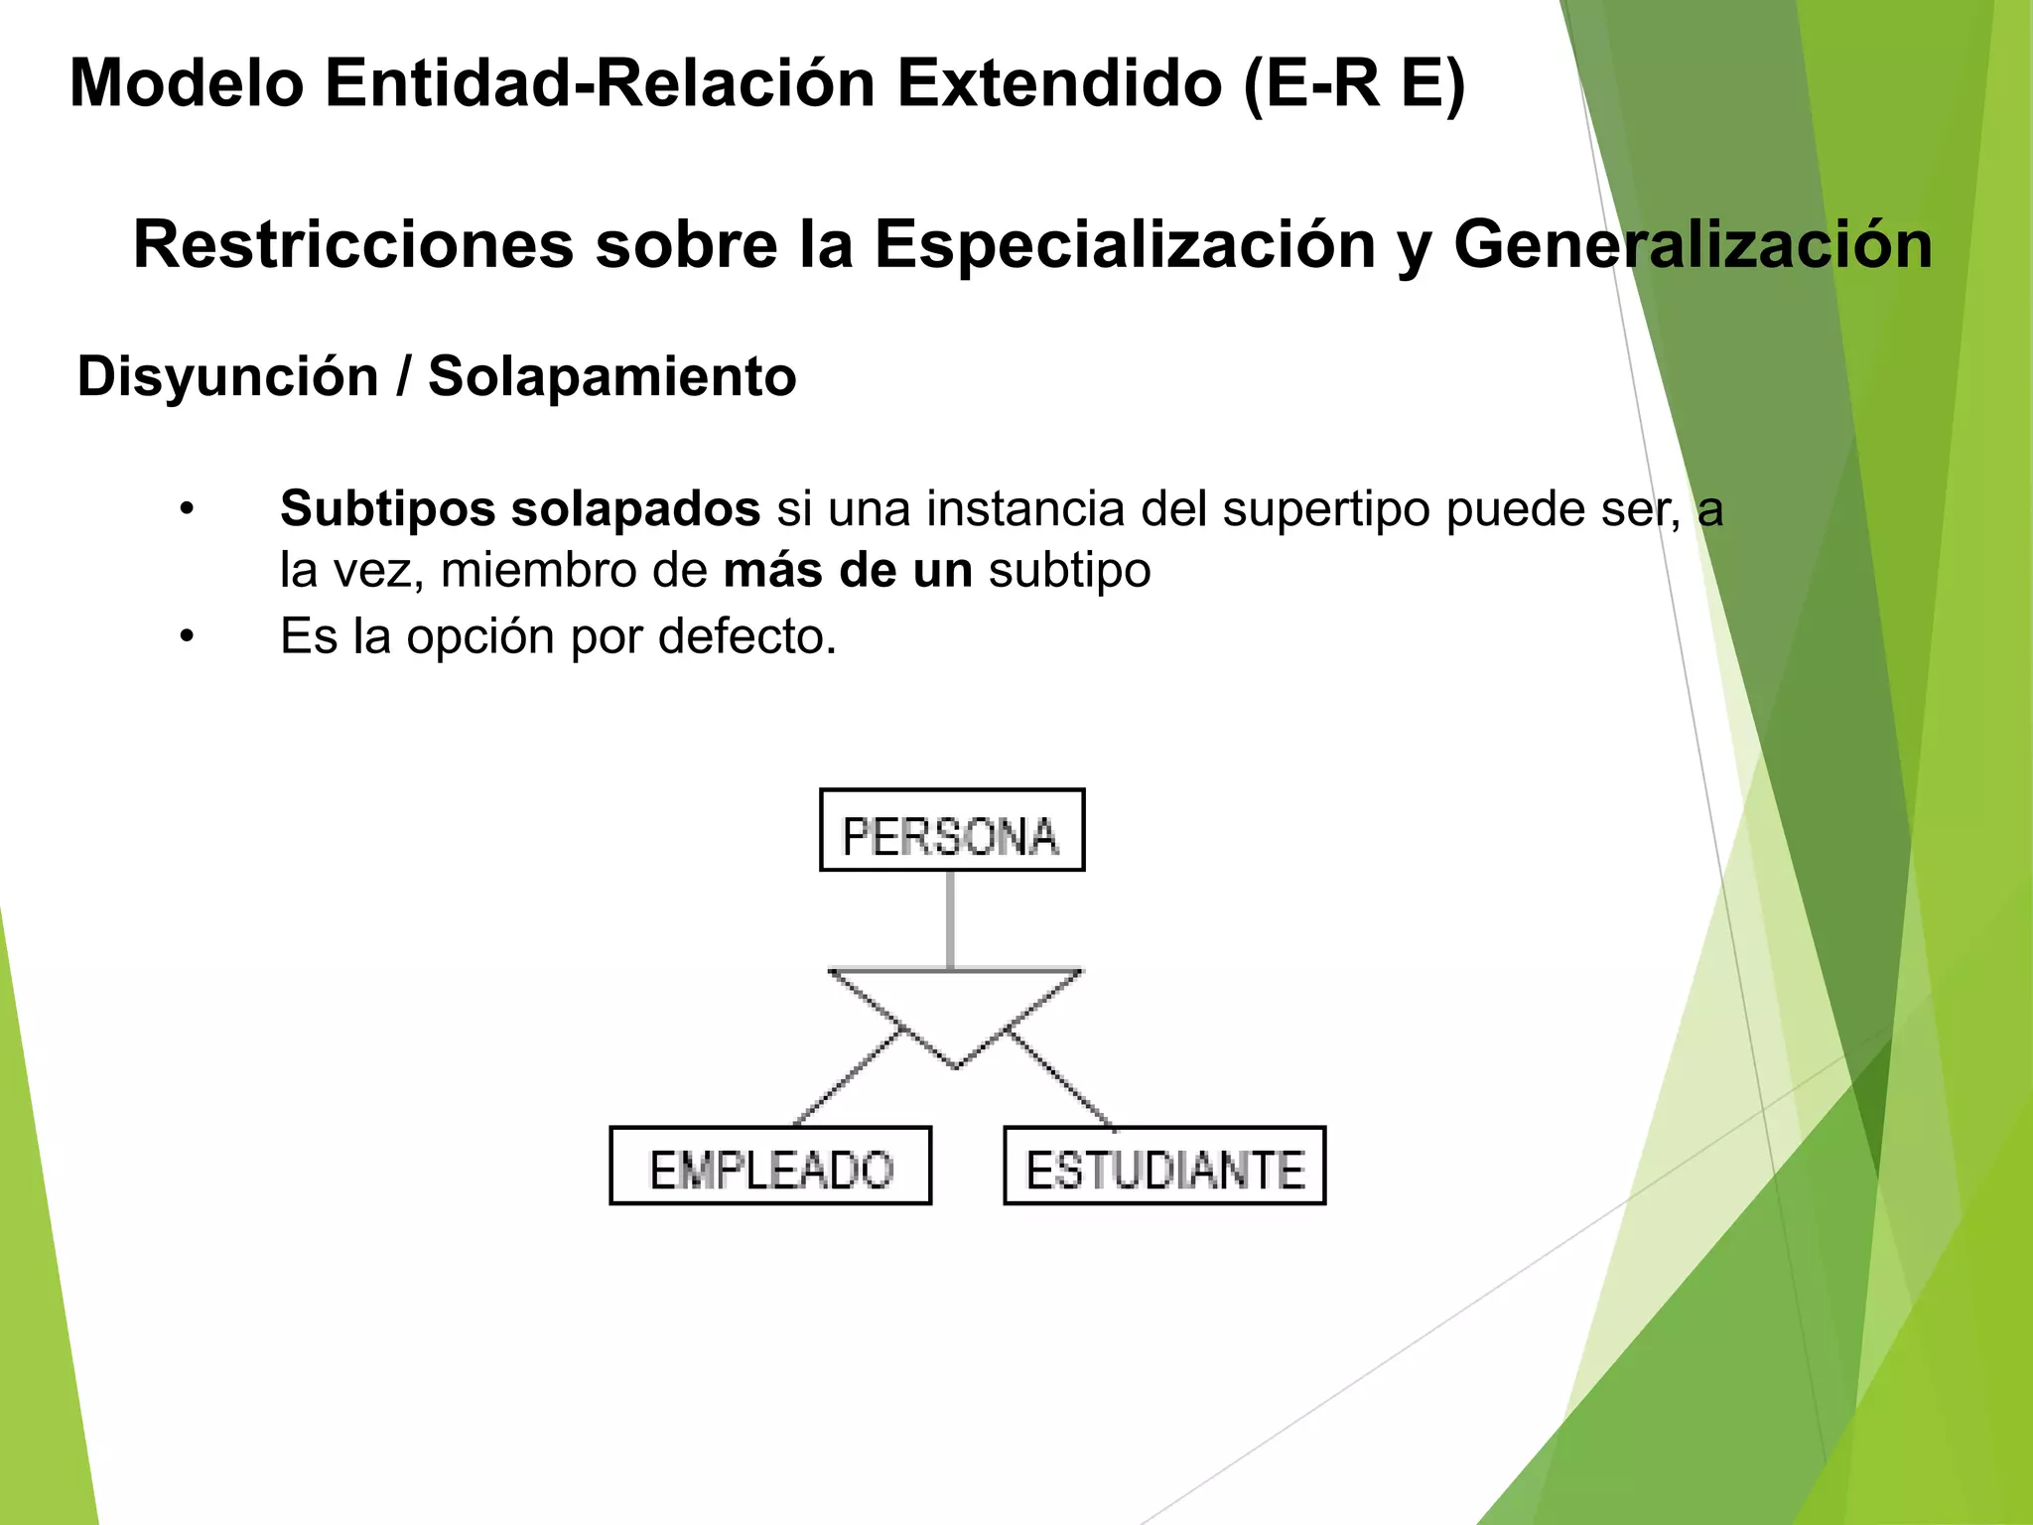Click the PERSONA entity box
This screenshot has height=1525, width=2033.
[x=951, y=830]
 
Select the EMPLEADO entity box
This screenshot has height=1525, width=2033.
[x=770, y=1166]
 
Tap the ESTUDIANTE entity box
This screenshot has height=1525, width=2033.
[x=1164, y=1166]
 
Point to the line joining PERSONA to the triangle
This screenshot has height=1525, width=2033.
[x=951, y=919]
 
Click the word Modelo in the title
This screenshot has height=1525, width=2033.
[x=187, y=83]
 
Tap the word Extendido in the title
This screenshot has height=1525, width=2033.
[x=1059, y=83]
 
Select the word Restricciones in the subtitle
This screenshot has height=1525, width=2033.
[x=353, y=245]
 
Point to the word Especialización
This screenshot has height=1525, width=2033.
[x=1125, y=245]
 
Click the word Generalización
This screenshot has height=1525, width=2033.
[x=1693, y=245]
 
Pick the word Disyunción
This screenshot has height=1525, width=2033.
[x=228, y=377]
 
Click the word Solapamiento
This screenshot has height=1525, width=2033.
[x=611, y=377]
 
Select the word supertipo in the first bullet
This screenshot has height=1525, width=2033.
[x=1326, y=509]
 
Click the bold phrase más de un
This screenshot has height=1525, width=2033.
[x=848, y=571]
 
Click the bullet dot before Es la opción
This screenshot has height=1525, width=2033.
[x=187, y=636]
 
